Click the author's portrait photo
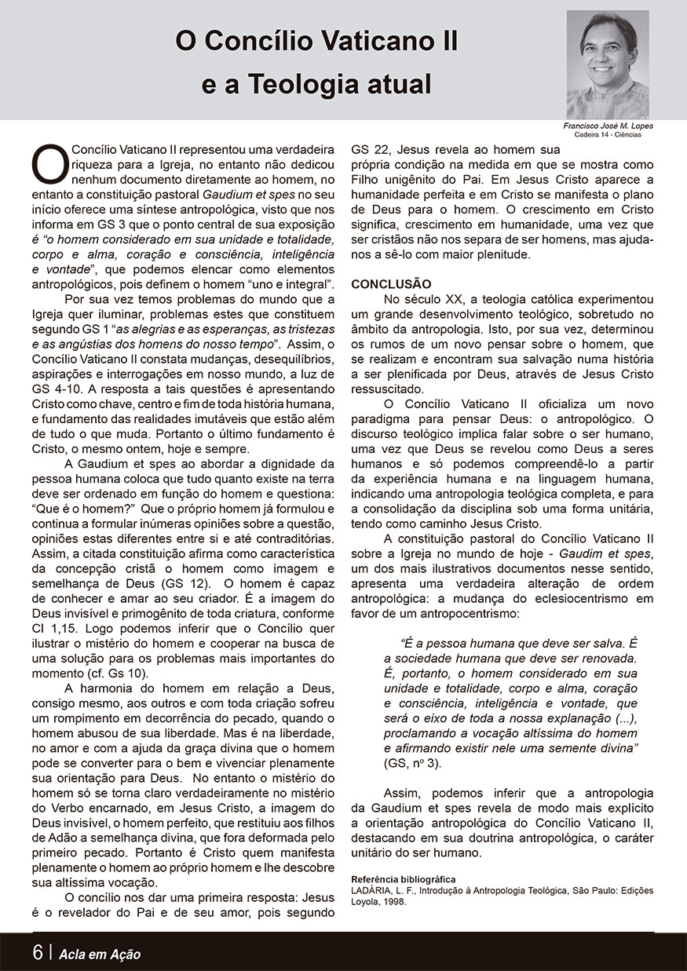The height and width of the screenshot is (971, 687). point(607,64)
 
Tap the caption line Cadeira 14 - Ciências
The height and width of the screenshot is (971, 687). point(607,134)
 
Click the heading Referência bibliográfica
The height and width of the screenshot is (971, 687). point(403,879)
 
